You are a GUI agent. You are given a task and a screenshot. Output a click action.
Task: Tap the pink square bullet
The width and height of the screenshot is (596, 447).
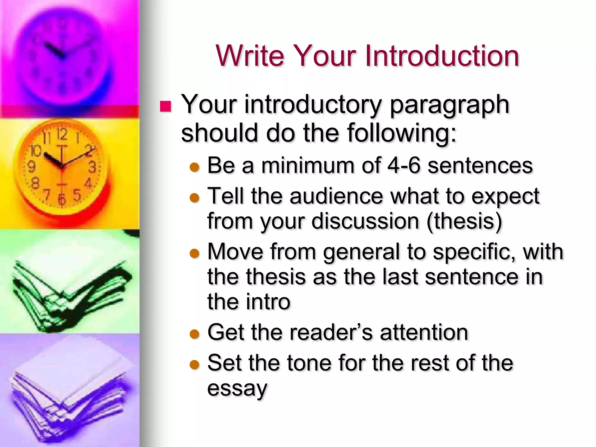166,107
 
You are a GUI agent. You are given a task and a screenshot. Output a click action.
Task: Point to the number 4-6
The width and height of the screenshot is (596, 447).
404,165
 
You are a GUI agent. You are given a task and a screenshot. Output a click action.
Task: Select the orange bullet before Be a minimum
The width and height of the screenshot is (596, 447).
194,167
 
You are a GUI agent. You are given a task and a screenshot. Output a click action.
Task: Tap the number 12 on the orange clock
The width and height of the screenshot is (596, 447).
62,135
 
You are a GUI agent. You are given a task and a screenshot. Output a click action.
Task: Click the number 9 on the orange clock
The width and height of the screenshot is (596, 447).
31,167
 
